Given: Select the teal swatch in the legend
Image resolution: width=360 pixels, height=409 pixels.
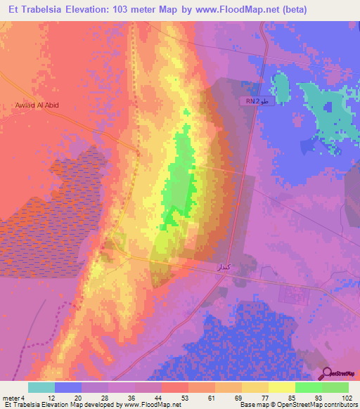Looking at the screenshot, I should coord(41,387).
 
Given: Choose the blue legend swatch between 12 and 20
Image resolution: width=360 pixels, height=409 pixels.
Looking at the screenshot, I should coord(67,387).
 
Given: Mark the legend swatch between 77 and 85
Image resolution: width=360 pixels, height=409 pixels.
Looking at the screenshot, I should coord(281,387).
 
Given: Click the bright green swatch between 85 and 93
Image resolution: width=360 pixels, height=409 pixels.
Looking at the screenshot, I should coord(308,387).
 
